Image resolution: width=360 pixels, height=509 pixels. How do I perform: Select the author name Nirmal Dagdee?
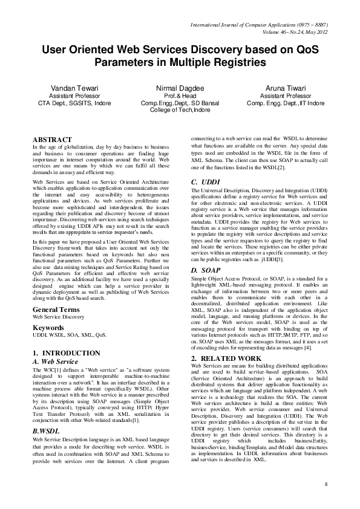pyautogui.click(x=180, y=88)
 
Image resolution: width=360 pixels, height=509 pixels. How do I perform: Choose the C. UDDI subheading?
pyautogui.click(x=205, y=182)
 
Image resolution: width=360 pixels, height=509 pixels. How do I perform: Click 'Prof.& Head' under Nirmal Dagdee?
pyautogui.click(x=180, y=96)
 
